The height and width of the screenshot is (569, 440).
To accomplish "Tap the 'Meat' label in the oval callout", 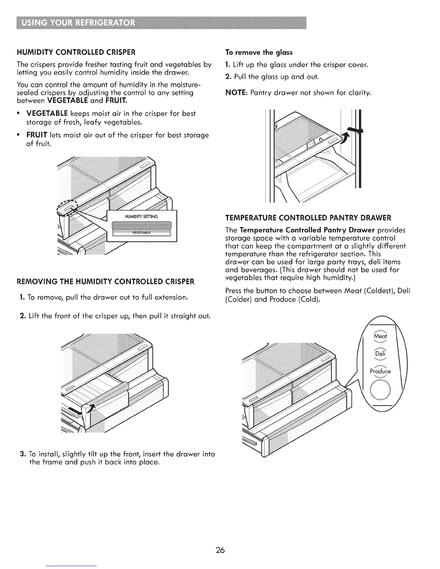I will [380, 337].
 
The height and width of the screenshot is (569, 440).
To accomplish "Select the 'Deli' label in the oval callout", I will [380, 354].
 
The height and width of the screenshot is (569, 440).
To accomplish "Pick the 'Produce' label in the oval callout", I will [380, 371].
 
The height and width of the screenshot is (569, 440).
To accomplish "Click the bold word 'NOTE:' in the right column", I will [236, 93].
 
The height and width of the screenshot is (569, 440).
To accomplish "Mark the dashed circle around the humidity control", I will [68, 207].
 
